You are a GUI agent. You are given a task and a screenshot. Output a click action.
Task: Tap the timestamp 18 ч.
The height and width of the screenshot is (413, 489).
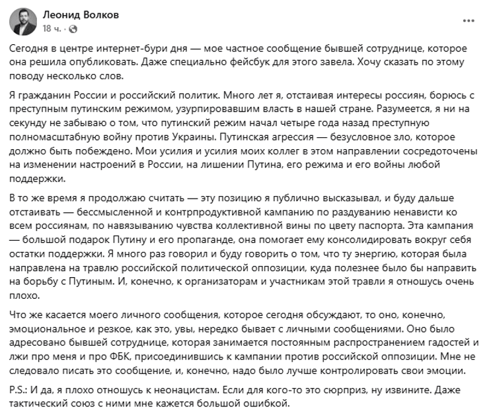click(x=51, y=30)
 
